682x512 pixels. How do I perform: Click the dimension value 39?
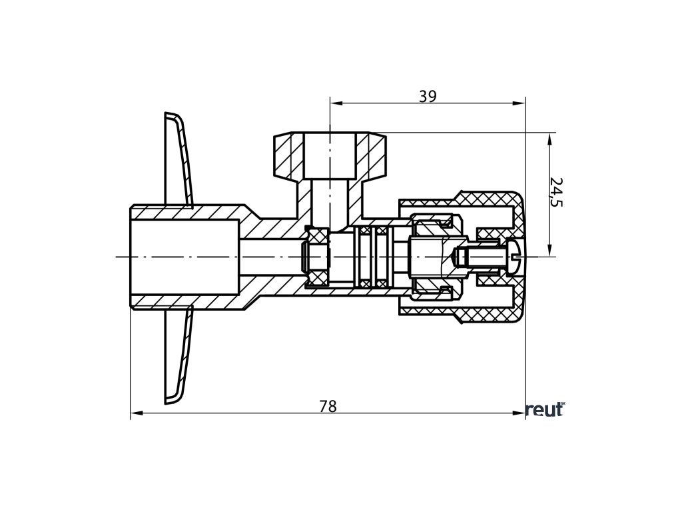point(428,96)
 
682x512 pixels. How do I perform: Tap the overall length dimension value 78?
point(328,406)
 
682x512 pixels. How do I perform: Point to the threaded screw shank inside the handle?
point(483,257)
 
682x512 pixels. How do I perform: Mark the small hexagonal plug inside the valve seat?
point(316,257)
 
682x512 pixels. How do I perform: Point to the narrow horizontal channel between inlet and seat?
point(270,257)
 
